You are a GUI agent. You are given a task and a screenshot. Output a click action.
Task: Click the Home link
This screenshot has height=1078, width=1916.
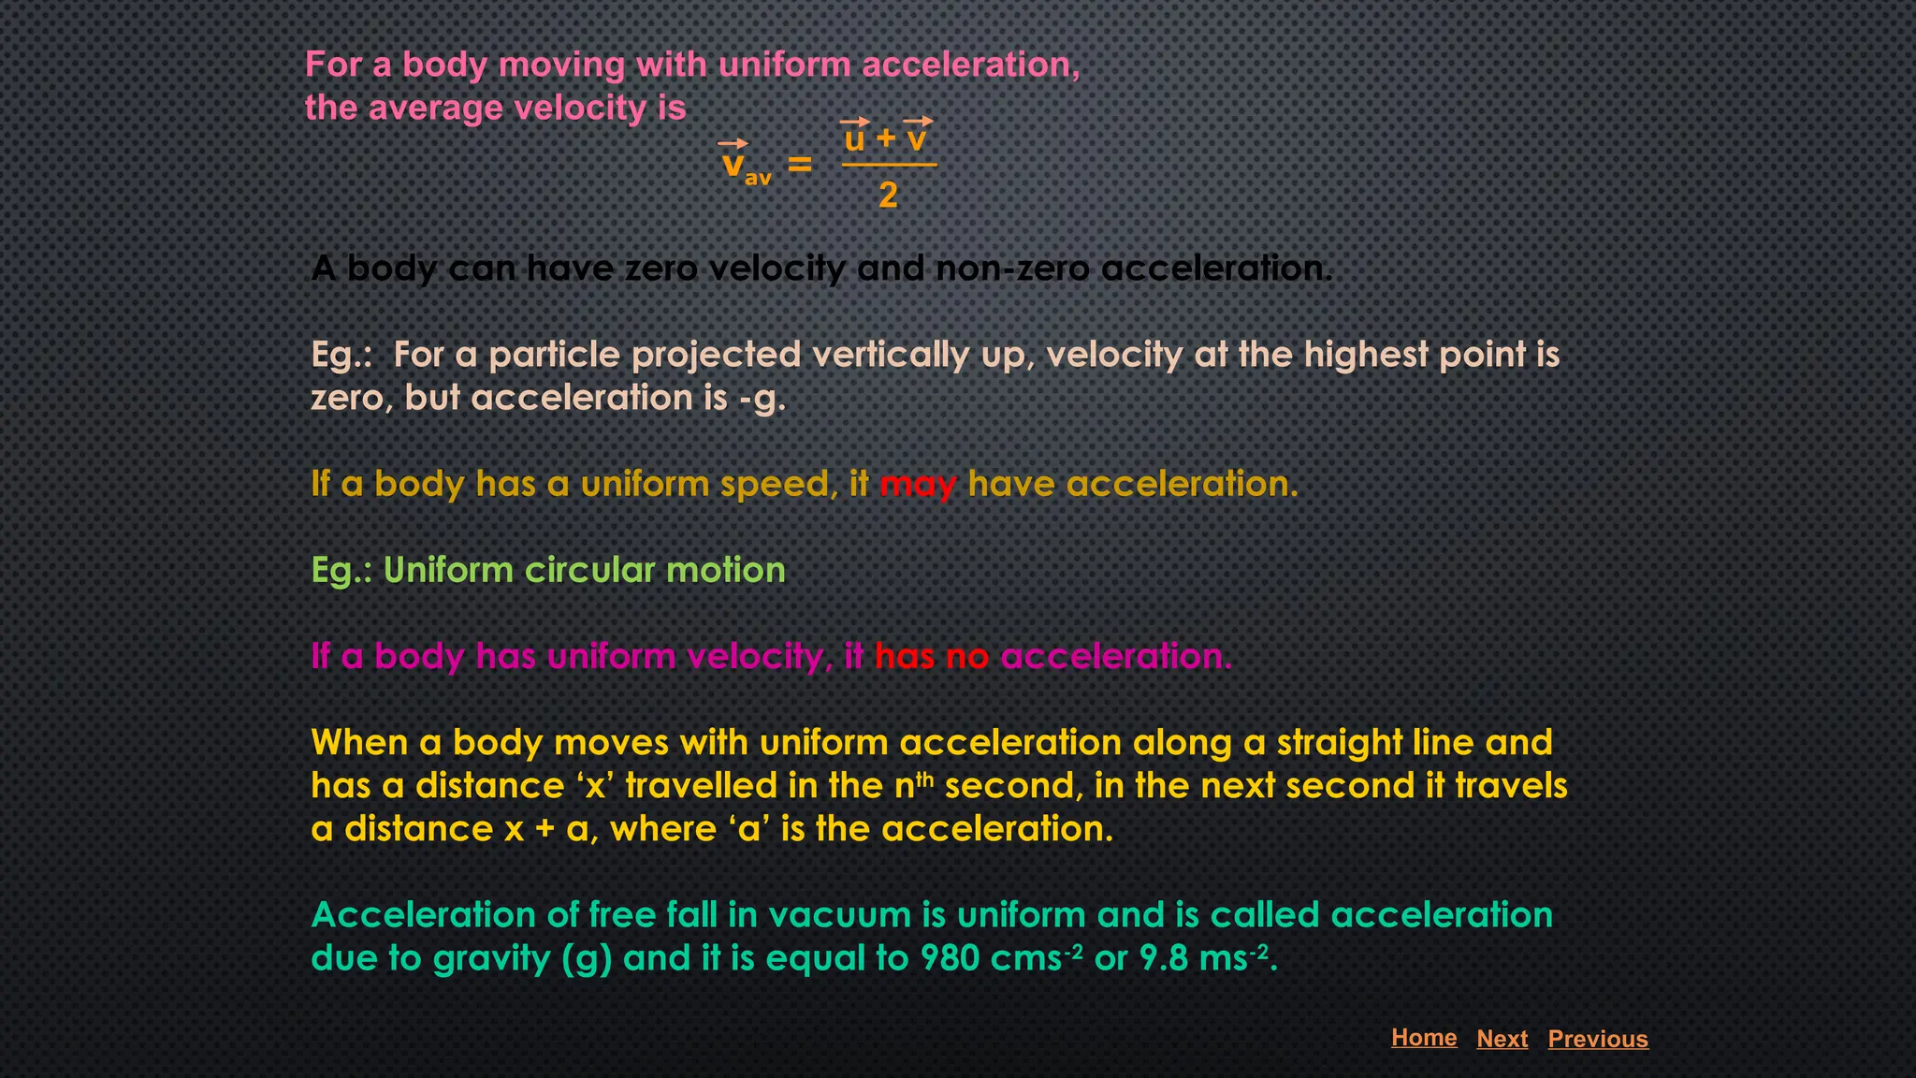[1424, 1037]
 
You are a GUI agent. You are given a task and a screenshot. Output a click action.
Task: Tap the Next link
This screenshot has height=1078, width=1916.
[1502, 1039]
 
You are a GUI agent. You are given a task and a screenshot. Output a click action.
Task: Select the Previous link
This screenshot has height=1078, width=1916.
[1598, 1039]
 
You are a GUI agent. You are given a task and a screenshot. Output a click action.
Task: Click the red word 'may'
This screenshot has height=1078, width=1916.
[918, 485]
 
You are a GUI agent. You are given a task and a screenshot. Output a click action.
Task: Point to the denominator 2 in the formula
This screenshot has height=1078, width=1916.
[888, 195]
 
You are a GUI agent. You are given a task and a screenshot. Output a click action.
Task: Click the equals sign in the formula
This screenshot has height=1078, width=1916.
[799, 165]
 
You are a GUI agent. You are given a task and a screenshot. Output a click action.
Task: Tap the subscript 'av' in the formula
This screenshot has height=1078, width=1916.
[758, 178]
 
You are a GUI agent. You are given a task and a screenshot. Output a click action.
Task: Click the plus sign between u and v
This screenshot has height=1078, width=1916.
[886, 139]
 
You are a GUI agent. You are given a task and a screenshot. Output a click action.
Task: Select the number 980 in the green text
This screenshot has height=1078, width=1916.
[950, 958]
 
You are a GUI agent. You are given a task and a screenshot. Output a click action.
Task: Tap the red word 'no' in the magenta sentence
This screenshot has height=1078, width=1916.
[967, 657]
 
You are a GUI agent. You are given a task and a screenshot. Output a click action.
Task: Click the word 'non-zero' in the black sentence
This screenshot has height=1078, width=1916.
[1012, 269]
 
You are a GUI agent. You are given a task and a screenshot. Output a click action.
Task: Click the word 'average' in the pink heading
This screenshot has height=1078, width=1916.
[436, 109]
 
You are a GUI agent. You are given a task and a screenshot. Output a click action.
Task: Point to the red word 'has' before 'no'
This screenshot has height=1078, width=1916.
[904, 657]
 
